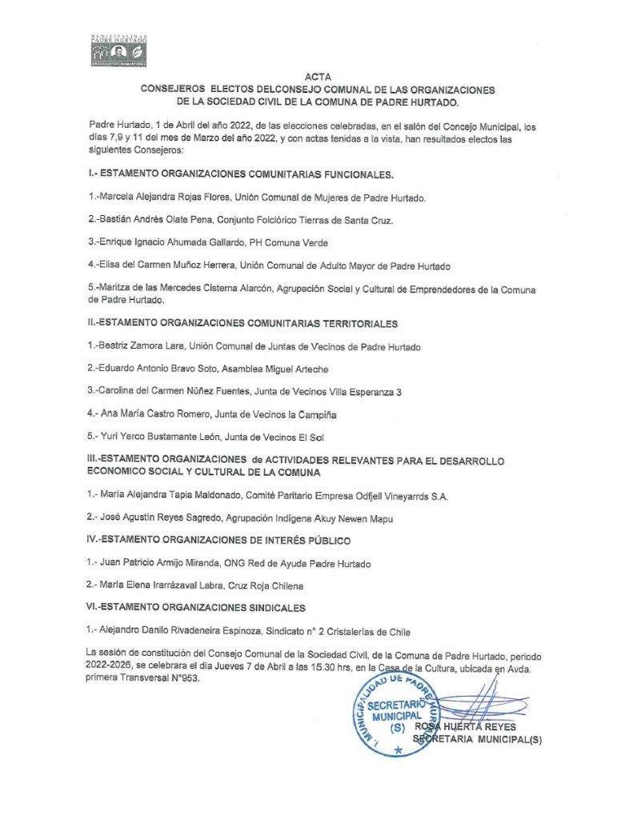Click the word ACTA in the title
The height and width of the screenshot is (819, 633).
pos(317,78)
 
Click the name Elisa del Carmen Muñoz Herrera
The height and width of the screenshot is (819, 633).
pos(174,264)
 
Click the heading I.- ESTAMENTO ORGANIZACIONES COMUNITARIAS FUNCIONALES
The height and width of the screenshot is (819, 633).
pos(240,174)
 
